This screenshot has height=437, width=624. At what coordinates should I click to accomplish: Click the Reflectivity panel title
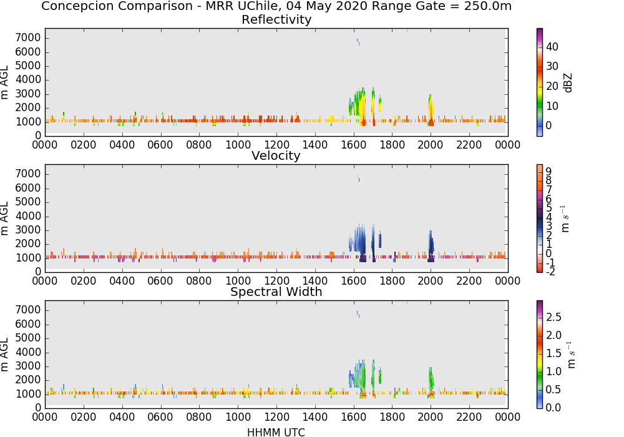[276, 19]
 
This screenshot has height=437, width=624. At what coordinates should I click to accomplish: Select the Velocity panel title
[276, 155]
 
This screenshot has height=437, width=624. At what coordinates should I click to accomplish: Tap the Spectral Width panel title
[276, 292]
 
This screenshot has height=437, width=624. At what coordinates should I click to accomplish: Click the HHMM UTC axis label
[276, 432]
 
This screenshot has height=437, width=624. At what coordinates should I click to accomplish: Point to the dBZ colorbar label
[568, 83]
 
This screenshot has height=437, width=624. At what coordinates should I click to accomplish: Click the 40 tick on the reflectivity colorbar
[552, 47]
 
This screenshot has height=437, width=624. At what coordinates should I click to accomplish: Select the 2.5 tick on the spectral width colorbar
[553, 317]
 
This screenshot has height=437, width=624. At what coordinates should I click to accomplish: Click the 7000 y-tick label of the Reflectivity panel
[28, 38]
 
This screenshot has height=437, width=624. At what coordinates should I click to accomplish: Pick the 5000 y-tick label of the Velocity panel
[28, 202]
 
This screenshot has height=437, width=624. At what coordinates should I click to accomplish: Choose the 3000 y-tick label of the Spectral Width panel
[28, 366]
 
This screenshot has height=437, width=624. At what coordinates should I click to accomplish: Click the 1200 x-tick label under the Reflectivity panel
[276, 145]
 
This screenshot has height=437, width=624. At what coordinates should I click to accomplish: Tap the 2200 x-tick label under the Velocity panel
[469, 281]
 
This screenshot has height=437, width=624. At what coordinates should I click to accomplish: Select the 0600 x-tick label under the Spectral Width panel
[160, 417]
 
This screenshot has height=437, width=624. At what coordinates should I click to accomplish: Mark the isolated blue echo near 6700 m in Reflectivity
[358, 42]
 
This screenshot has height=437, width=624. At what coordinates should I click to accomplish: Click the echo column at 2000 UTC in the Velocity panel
[431, 246]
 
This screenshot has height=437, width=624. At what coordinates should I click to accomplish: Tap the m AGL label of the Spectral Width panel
[4, 355]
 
